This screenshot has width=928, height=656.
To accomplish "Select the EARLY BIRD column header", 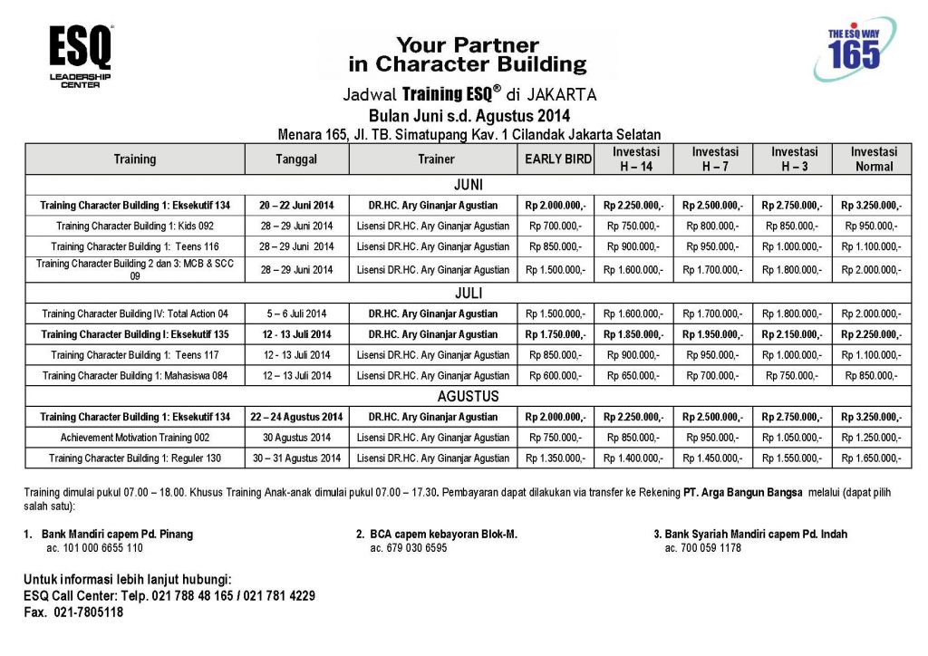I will point(556,159).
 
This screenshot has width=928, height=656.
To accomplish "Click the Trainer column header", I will point(436,159).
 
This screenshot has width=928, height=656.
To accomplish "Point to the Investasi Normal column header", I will point(874,159).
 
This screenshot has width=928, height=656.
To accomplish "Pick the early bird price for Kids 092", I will point(556,226).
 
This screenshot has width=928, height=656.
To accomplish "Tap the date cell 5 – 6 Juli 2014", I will point(296,314).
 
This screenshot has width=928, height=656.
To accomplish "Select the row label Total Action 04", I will point(135,314).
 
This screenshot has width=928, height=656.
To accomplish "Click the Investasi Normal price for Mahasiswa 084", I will point(874,375).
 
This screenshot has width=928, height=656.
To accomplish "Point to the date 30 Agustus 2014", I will point(296,438).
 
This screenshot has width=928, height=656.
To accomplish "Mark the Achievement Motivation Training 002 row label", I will point(135,438).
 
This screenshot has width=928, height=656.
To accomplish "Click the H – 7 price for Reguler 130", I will point(715,458).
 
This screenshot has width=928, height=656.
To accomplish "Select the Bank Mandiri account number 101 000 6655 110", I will point(94,548).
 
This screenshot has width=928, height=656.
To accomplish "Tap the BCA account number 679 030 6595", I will point(409,548).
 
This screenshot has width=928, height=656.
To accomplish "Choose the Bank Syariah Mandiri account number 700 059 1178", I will point(702,548).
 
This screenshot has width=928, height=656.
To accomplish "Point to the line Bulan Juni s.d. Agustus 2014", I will point(469,116).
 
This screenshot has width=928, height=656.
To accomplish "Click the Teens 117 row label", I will point(135,355).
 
